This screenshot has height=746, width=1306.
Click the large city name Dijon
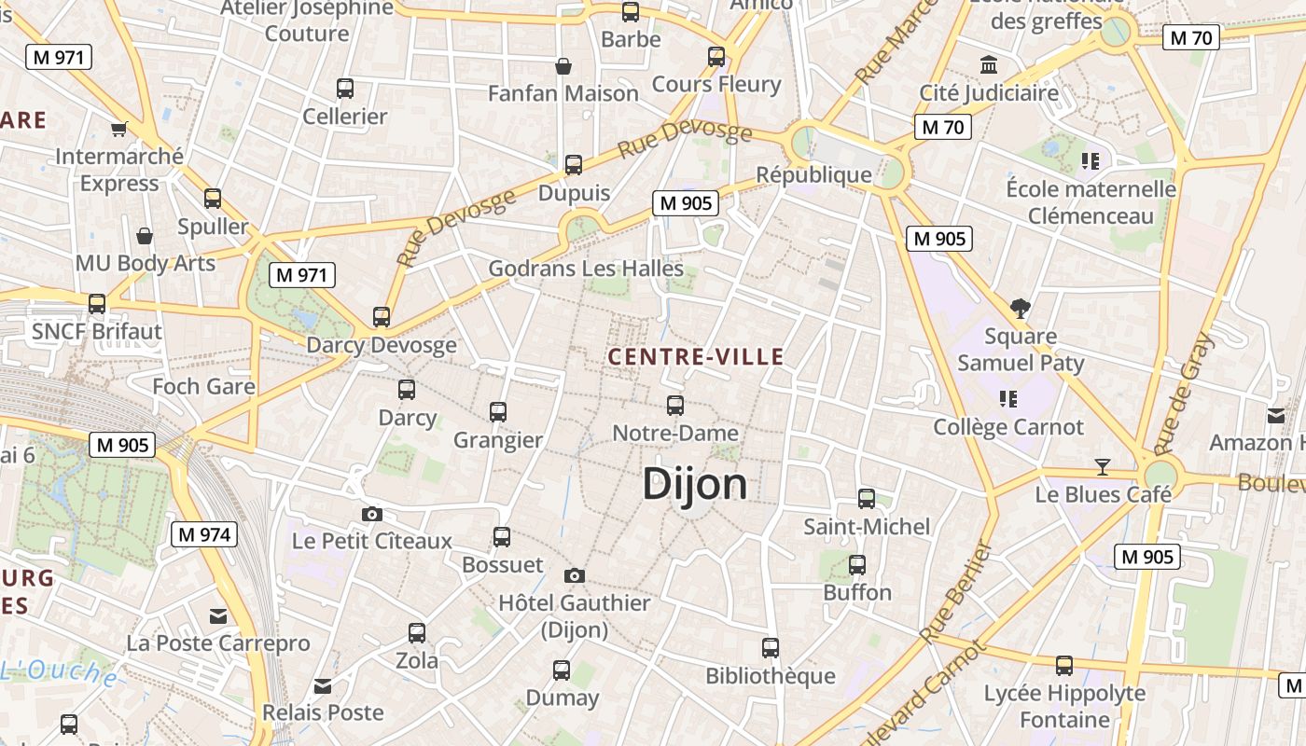point(695,484)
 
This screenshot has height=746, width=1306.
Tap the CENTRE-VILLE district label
point(696,356)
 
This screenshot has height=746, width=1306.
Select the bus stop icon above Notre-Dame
point(675,406)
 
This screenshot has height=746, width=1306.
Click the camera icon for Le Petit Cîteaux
point(371,514)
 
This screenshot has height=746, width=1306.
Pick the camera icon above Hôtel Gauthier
point(575,575)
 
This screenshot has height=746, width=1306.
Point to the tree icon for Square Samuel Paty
point(1021,308)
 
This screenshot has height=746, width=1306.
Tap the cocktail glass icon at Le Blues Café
point(1103,466)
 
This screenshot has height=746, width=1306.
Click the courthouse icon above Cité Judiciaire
point(989,65)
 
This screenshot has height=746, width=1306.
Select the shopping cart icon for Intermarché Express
point(118,129)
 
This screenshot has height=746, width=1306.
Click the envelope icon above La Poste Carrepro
point(218,615)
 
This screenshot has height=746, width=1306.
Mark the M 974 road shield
point(204,534)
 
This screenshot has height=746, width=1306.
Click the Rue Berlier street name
point(955,593)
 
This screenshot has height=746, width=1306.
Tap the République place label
point(813,174)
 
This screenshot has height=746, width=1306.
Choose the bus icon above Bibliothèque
point(770,648)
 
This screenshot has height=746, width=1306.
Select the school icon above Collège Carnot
point(1007,399)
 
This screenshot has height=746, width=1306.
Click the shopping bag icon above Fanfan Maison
point(563,66)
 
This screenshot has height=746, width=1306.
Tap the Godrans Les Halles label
point(586,269)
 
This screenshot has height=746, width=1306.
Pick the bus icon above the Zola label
point(417,633)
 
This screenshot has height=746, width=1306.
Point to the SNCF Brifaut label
point(97,331)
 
